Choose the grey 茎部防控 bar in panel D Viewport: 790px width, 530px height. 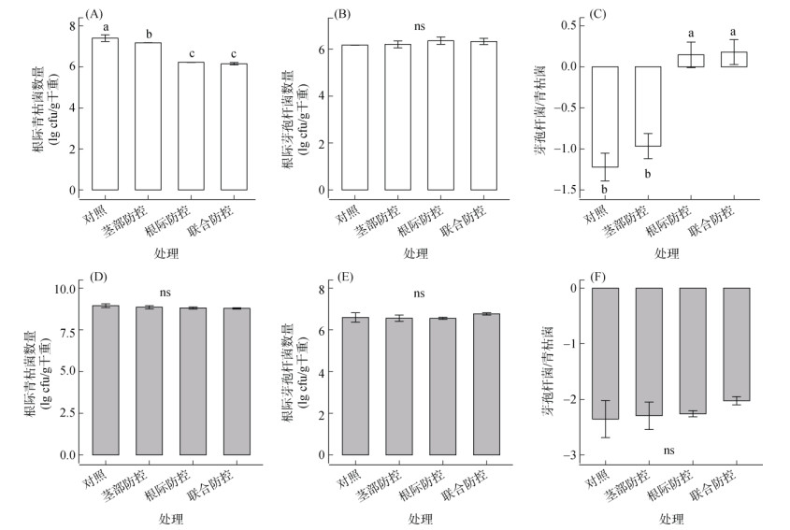tap(153, 380)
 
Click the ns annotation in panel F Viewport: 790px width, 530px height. tap(668, 451)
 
